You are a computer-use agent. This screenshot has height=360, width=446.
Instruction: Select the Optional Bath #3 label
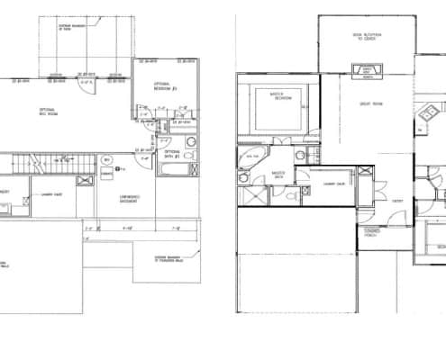click(172, 154)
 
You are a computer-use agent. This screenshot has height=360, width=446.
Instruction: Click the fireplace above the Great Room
click(368, 69)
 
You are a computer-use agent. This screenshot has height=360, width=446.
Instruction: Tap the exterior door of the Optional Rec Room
click(86, 84)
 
